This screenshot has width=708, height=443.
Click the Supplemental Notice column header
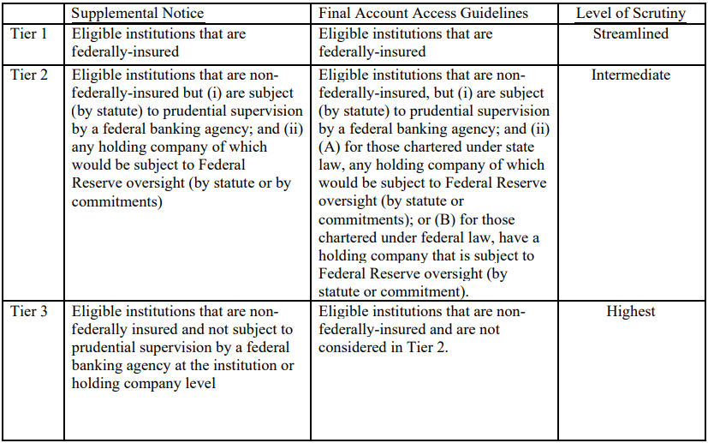click(x=139, y=14)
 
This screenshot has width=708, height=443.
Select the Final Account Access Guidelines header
click(x=423, y=14)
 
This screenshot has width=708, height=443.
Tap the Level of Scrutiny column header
click(x=630, y=14)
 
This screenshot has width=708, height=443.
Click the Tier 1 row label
click(x=30, y=34)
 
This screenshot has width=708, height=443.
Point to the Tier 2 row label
click(x=30, y=75)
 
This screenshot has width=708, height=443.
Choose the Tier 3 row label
click(x=30, y=311)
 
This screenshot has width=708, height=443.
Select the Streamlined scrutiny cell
click(x=630, y=34)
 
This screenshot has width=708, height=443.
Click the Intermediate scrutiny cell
click(x=630, y=75)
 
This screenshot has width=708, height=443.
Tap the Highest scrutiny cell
click(x=630, y=311)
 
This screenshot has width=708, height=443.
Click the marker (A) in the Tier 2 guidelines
click(x=330, y=165)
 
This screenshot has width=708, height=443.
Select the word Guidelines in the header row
click(x=496, y=14)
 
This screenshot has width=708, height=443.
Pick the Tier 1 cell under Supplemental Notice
click(x=159, y=43)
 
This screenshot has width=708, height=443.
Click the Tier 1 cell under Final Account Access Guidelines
click(x=406, y=43)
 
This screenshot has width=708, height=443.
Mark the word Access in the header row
click(x=437, y=14)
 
